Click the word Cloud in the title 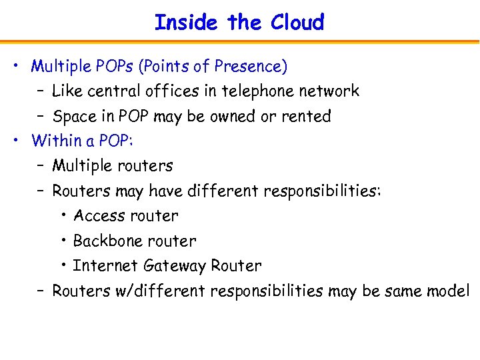pyautogui.click(x=297, y=23)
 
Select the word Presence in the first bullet pyautogui.click(x=253, y=67)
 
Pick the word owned pyautogui.click(x=233, y=117)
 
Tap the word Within pyautogui.click(x=53, y=141)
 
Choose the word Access pyautogui.click(x=99, y=216)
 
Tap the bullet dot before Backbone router pyautogui.click(x=63, y=240)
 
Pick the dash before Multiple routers pyautogui.click(x=41, y=166)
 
